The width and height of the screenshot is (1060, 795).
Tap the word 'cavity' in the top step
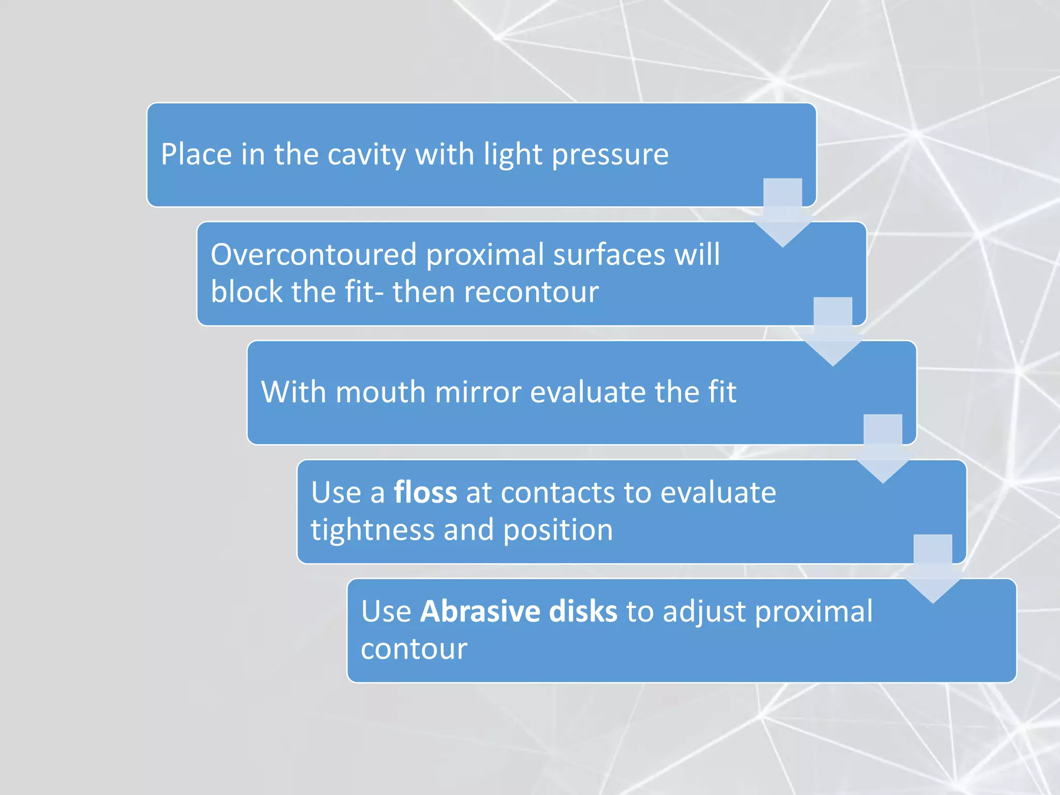[366, 154]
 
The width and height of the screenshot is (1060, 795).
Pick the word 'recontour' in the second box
[531, 292]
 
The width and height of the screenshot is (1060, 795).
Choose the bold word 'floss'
[425, 492]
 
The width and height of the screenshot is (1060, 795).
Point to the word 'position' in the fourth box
[558, 530]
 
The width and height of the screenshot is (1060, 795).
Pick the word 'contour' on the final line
[414, 649]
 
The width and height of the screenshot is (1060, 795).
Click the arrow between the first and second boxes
[783, 212]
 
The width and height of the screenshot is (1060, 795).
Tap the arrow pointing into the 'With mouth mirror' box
[833, 331]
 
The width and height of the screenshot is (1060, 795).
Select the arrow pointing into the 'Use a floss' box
[883, 449]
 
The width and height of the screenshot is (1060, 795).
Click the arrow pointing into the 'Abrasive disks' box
[933, 568]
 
